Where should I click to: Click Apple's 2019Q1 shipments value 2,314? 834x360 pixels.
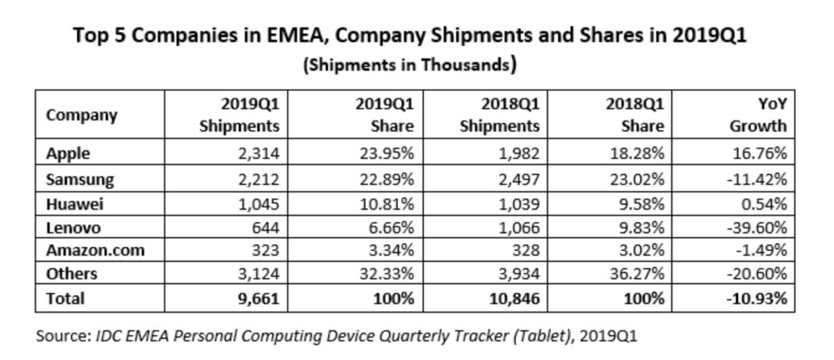coord(258,154)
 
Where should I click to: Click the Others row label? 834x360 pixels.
coord(71,274)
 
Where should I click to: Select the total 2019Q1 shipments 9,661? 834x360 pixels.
coord(258,298)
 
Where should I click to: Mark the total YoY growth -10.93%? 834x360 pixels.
coord(755,298)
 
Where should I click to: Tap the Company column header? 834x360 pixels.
coord(82,115)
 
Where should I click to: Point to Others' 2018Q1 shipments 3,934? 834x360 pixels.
coord(518,274)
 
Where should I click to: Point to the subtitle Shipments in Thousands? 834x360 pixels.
coord(409,65)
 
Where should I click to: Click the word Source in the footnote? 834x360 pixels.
coord(62,336)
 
